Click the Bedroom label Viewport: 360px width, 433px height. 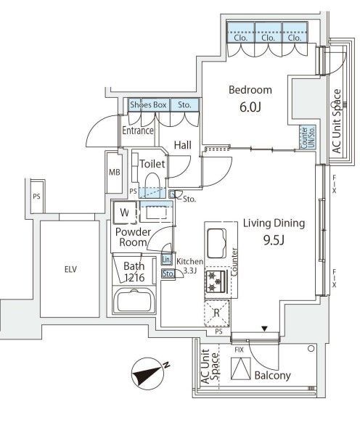pos(250,90)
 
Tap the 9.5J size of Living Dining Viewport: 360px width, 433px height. pos(274,241)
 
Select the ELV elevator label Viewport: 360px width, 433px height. pos(70,269)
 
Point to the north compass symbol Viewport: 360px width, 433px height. pos(148,373)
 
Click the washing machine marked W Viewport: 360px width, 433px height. pos(125,213)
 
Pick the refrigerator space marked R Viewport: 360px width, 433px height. pos(216,313)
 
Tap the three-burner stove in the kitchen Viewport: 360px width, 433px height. pos(216,282)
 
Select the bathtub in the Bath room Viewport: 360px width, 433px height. pos(134,301)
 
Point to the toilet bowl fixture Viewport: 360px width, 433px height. pos(152,183)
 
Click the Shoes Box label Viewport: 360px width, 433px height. pos(148,104)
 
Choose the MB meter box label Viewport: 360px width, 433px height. pos(115,173)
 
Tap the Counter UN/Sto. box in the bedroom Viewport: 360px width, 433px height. pos(308,138)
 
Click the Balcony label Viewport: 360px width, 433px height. pos(272,376)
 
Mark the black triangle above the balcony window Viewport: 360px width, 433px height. pos(265,329)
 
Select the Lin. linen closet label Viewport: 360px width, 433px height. pos(167,260)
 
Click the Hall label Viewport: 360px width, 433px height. pos(183,145)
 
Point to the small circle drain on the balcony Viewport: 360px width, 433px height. pos(311,348)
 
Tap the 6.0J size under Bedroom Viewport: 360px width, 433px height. pos(250,107)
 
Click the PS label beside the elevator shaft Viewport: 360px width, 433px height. pos(36,197)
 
